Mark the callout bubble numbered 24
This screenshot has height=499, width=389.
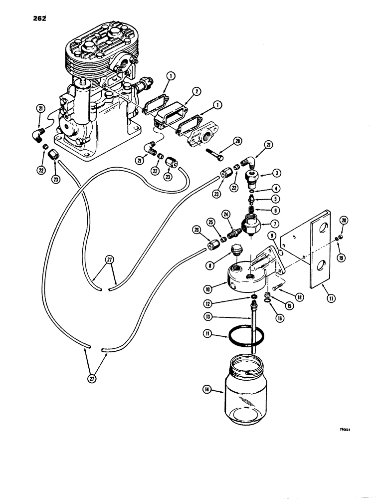pos(226,216)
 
